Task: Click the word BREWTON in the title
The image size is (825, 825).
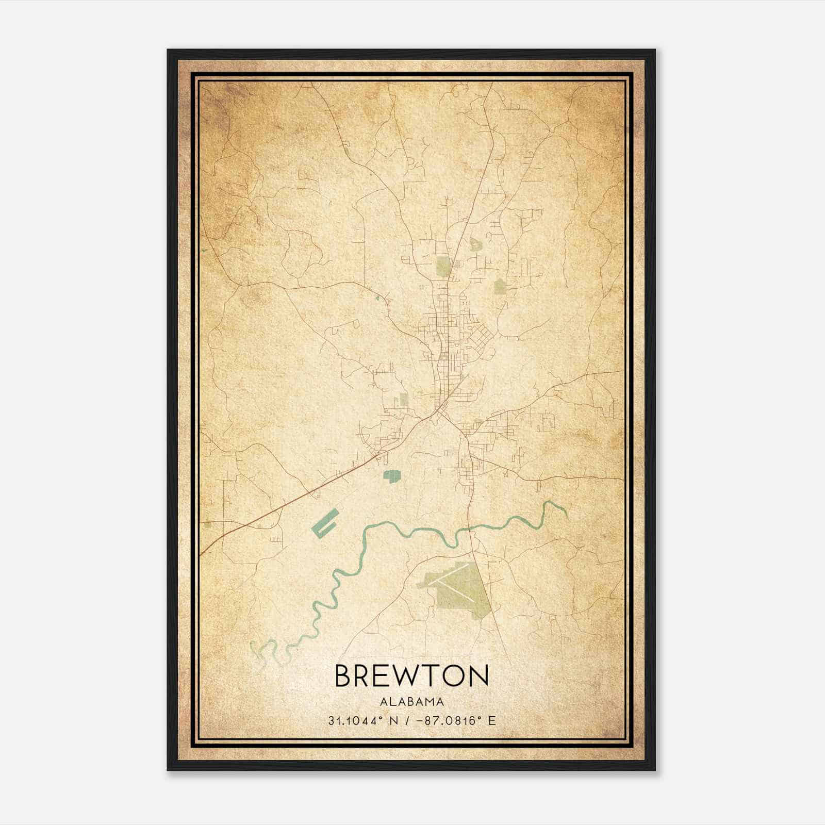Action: (x=411, y=675)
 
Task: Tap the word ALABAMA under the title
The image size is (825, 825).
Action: (x=411, y=702)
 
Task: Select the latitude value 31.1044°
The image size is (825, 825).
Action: (x=354, y=721)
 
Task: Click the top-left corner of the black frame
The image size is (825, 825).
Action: (x=169, y=51)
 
